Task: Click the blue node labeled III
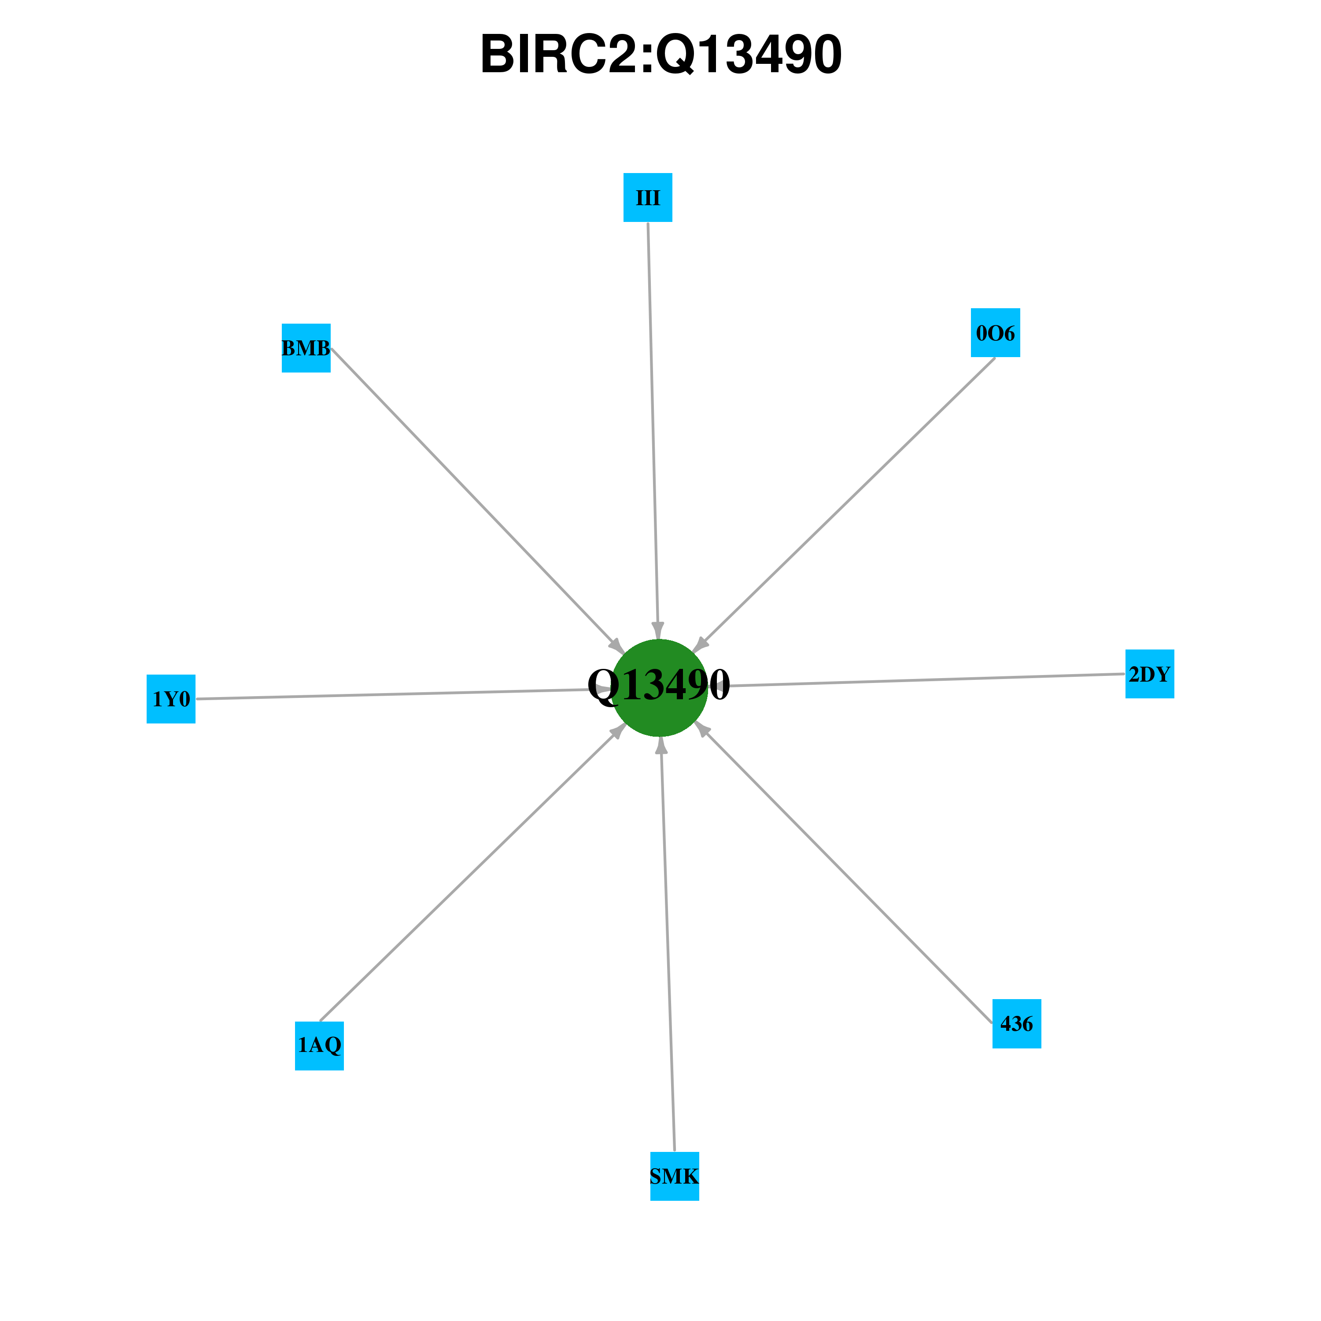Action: pyautogui.click(x=647, y=198)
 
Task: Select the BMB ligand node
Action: pyautogui.click(x=306, y=348)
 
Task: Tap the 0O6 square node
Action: pyautogui.click(x=996, y=333)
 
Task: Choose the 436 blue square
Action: pyautogui.click(x=1017, y=1024)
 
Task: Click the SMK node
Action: pyautogui.click(x=674, y=1176)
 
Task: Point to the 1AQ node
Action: pyautogui.click(x=319, y=1046)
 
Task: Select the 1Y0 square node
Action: pyautogui.click(x=171, y=699)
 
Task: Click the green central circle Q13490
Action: pyautogui.click(x=659, y=688)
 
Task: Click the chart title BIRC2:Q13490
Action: pyautogui.click(x=660, y=55)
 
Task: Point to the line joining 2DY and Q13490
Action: pyautogui.click(x=916, y=680)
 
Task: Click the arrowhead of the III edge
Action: pyautogui.click(x=658, y=631)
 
